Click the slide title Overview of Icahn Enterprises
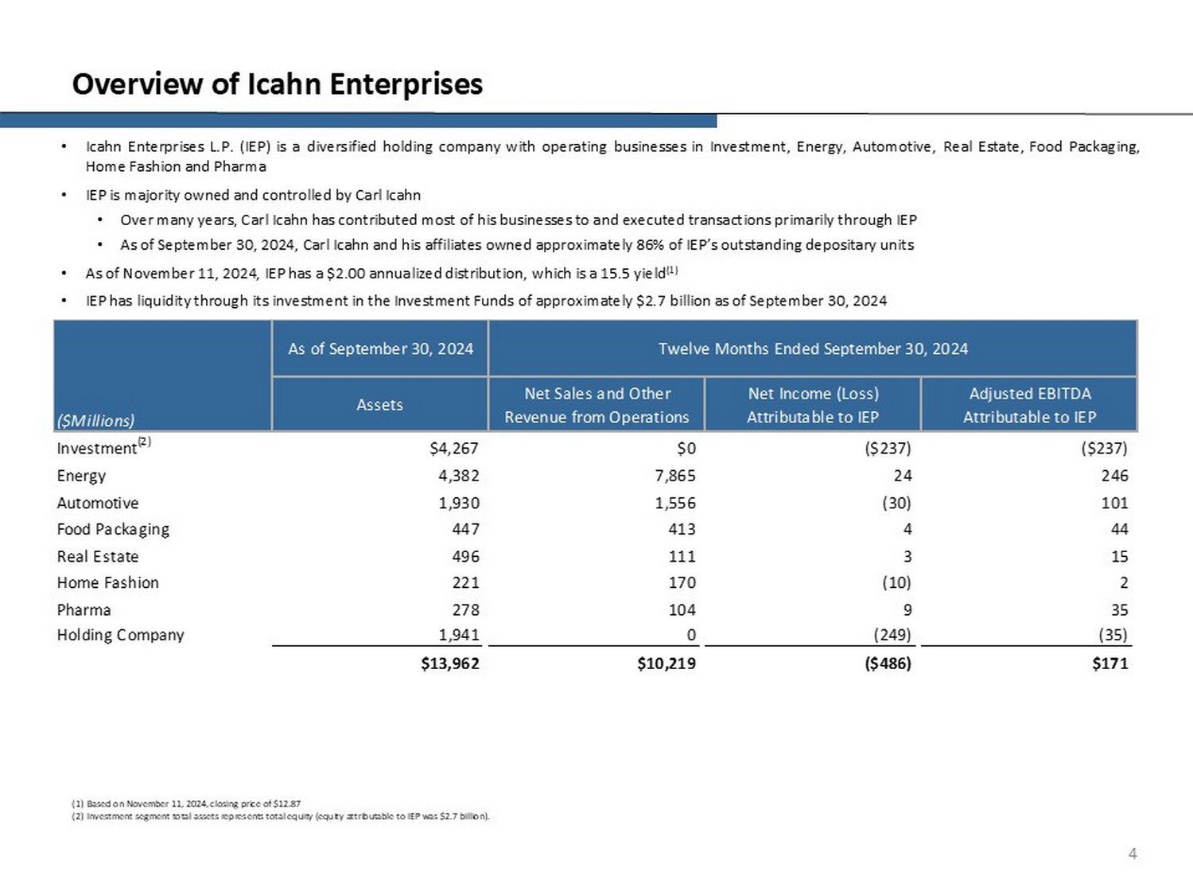(277, 84)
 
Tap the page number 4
(1133, 854)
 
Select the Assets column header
(379, 405)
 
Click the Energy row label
(81, 476)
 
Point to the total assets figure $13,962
(450, 663)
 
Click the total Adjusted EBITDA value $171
(1109, 663)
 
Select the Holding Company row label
(120, 635)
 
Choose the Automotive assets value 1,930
(459, 503)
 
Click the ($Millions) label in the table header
(95, 421)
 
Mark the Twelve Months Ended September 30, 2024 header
(813, 348)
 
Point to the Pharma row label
(84, 610)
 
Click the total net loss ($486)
(888, 663)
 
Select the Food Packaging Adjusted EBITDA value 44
(1119, 529)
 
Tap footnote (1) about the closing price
(186, 804)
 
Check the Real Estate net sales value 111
(682, 557)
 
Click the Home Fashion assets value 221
(465, 583)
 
